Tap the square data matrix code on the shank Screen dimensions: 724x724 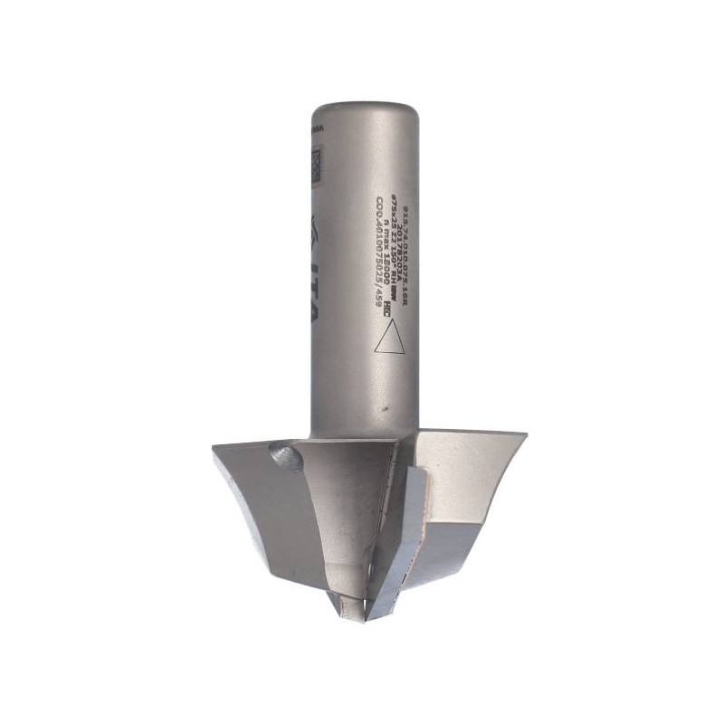[316, 167]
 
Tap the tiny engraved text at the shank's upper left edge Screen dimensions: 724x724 [315, 131]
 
